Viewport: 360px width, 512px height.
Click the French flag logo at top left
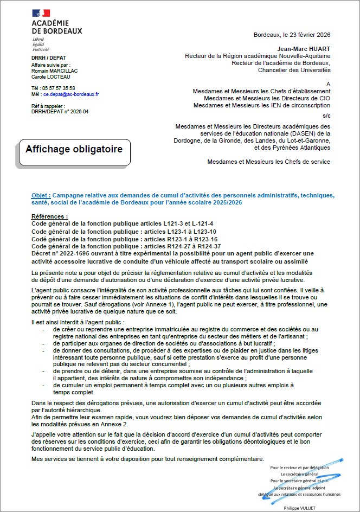coord(41,12)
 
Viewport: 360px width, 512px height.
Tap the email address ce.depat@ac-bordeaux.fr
coord(71,94)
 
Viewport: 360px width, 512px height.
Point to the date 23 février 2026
coord(306,35)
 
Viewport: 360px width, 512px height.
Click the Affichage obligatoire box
coord(75,149)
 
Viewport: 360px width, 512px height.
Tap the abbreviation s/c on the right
coord(326,116)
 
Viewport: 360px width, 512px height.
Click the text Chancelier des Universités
coord(294,70)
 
